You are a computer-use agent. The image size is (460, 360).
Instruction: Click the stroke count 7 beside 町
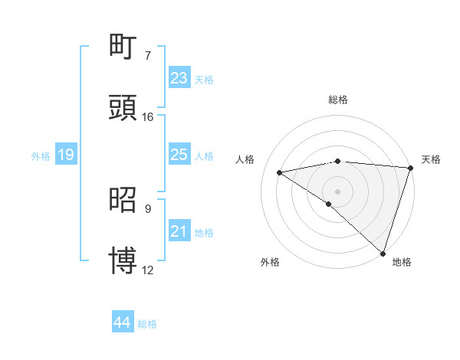(x=148, y=56)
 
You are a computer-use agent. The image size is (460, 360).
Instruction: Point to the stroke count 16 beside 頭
(x=148, y=117)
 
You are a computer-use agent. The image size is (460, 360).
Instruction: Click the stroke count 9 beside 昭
(x=148, y=208)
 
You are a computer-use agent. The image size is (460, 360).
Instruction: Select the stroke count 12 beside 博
(x=148, y=270)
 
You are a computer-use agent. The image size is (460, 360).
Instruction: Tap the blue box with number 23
(x=179, y=78)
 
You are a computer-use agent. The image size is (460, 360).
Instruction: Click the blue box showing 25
(x=179, y=155)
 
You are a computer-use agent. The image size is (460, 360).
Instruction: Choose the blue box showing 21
(x=179, y=231)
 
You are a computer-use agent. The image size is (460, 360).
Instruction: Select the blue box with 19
(x=66, y=155)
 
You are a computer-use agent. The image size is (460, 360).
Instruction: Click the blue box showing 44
(x=123, y=322)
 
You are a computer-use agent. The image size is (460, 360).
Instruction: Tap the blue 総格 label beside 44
(x=147, y=324)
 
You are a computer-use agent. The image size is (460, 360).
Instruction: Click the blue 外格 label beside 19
(x=41, y=156)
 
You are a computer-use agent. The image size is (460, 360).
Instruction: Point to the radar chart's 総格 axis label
(x=337, y=100)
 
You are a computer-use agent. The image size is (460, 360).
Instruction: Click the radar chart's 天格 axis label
(x=431, y=159)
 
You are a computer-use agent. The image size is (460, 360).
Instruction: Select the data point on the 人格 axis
(x=280, y=172)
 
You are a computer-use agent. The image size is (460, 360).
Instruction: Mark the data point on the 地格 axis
(x=383, y=253)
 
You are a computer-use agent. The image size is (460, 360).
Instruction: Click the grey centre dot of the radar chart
(x=337, y=191)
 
